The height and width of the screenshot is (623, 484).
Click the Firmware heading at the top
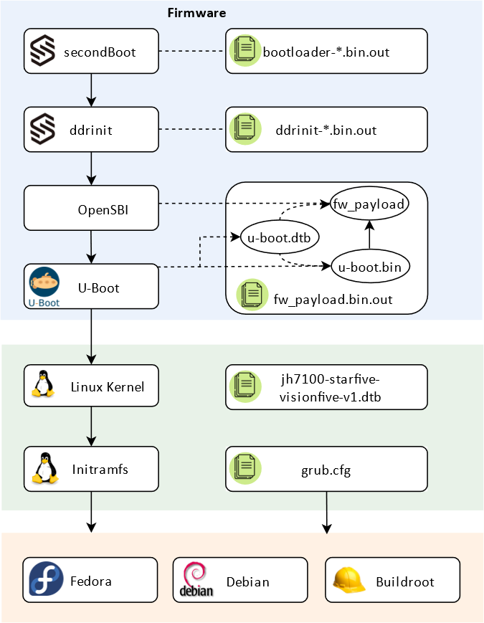click(196, 13)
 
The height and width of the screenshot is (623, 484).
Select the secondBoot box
click(91, 52)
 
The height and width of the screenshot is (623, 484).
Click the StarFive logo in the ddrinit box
click(45, 130)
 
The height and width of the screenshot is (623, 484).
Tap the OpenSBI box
click(91, 209)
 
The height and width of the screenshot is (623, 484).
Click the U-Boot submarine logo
click(44, 283)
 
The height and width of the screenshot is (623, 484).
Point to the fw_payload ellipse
click(369, 204)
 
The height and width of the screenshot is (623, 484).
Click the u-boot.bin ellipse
click(369, 266)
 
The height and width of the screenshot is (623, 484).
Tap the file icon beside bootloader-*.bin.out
click(245, 52)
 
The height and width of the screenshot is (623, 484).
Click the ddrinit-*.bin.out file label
click(326, 130)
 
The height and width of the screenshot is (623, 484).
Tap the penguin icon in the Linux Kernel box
click(44, 385)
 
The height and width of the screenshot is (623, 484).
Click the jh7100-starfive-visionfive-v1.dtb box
click(326, 387)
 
